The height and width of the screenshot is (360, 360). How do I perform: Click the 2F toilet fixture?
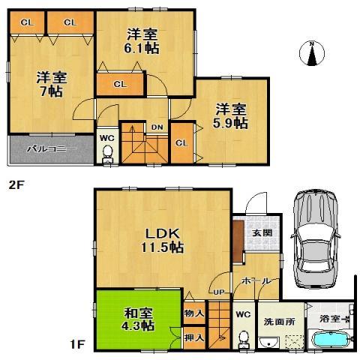pyautogui.click(x=106, y=153)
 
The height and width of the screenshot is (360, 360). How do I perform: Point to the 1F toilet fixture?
pyautogui.click(x=241, y=338)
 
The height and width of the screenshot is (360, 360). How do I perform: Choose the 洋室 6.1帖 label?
pyautogui.click(x=142, y=40)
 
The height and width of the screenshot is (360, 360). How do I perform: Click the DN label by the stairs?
pyautogui.click(x=157, y=127)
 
